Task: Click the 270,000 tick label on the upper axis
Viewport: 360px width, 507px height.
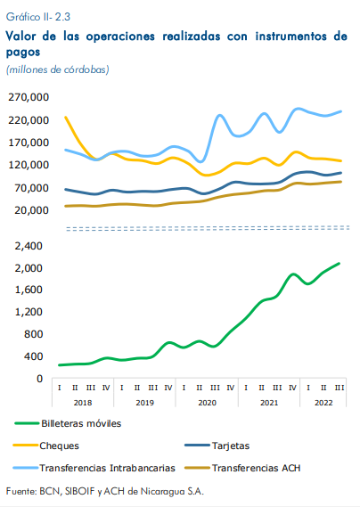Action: tap(29, 97)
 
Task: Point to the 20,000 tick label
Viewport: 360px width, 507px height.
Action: tap(31, 210)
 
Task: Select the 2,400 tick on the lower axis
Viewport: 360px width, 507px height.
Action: tap(29, 246)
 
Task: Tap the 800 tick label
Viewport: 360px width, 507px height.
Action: tap(33, 334)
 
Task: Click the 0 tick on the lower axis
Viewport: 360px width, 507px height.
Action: tap(39, 379)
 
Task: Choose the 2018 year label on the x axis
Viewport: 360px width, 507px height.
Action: tap(83, 403)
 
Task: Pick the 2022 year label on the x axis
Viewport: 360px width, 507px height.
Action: tap(323, 403)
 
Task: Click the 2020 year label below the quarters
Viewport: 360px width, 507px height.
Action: tap(208, 403)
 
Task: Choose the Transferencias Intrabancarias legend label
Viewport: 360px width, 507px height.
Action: tap(108, 468)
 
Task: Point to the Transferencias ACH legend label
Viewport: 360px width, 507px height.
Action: tap(256, 468)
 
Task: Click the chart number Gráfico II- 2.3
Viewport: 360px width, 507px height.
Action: tap(38, 17)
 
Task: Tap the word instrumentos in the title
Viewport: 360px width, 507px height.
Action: tap(291, 36)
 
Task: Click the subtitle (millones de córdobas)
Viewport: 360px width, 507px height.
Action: tap(58, 70)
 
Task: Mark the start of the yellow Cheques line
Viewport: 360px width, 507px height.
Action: tap(66, 117)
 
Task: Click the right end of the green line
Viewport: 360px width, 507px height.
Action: tap(339, 263)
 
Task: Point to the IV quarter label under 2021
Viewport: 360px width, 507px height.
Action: tap(292, 388)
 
